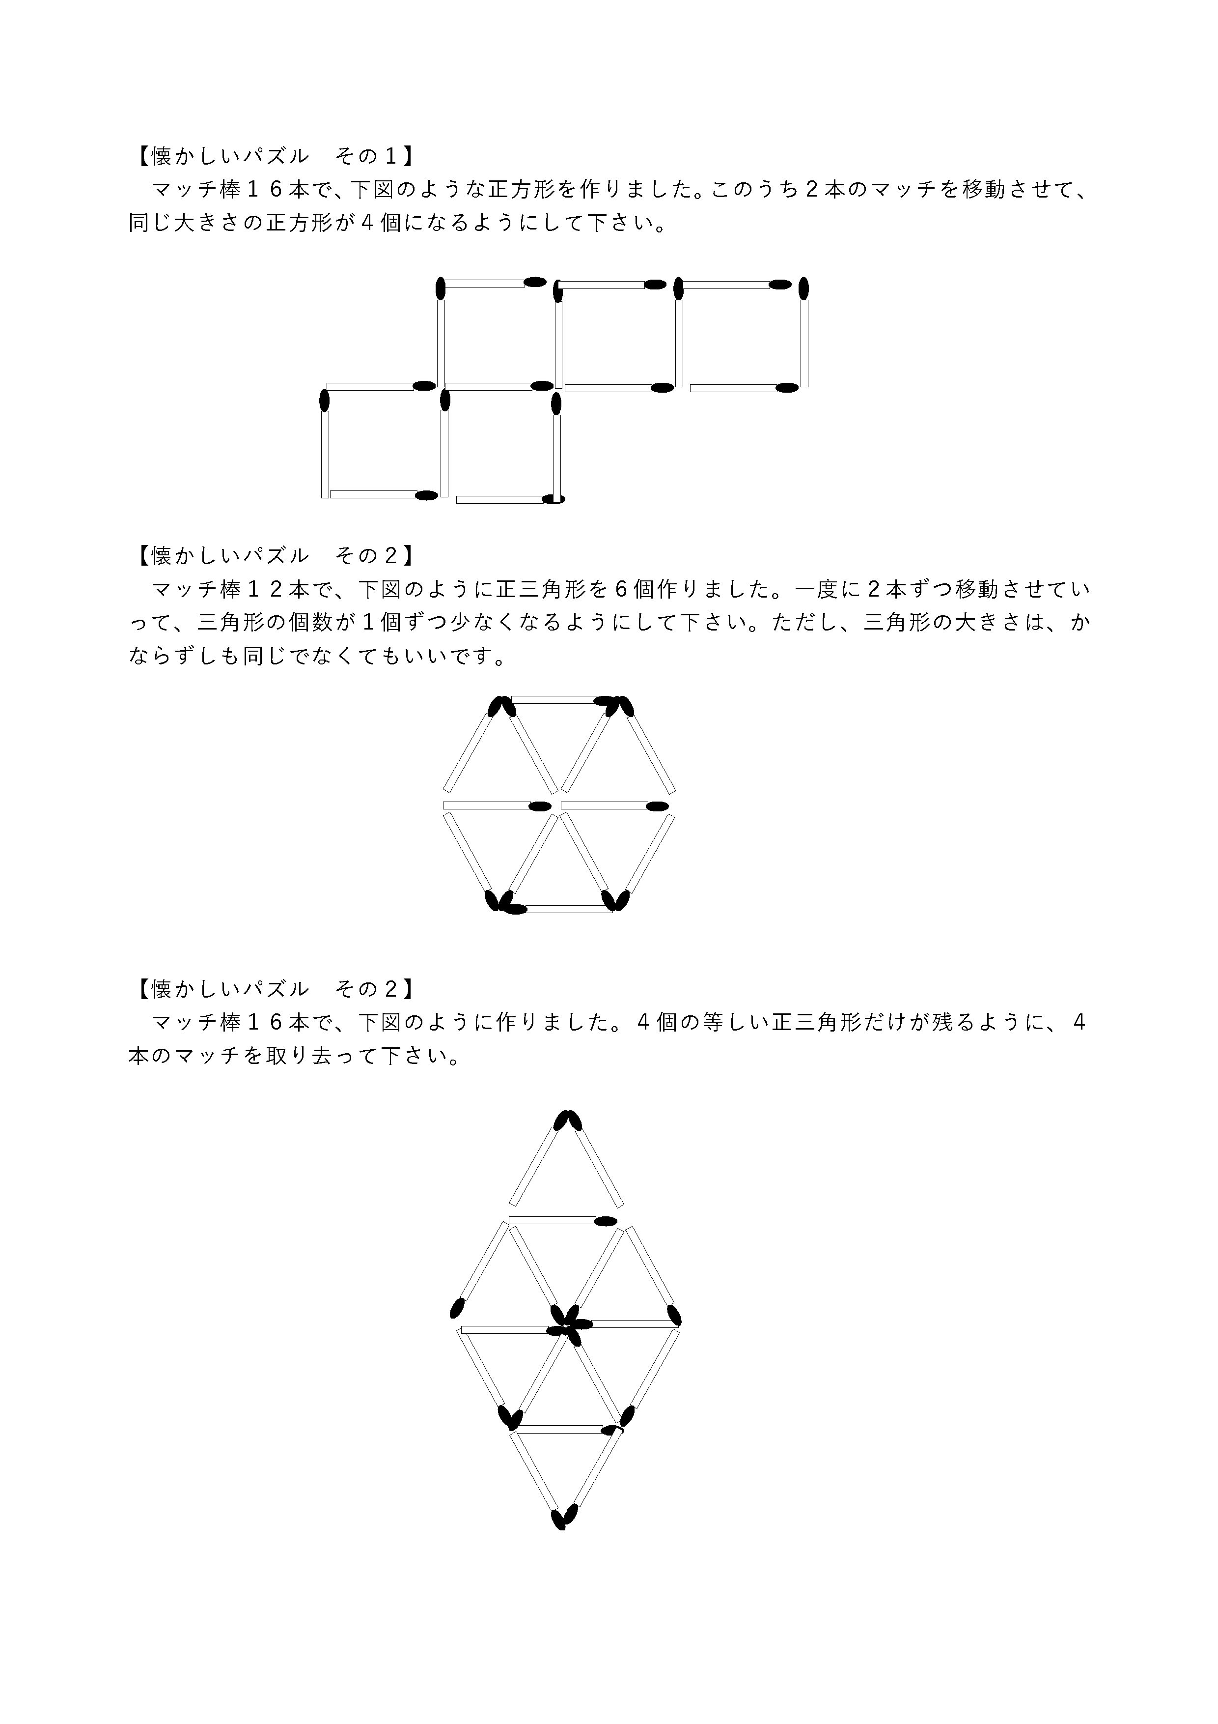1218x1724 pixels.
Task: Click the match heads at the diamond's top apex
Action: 567,1121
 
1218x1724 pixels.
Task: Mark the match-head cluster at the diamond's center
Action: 569,1334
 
